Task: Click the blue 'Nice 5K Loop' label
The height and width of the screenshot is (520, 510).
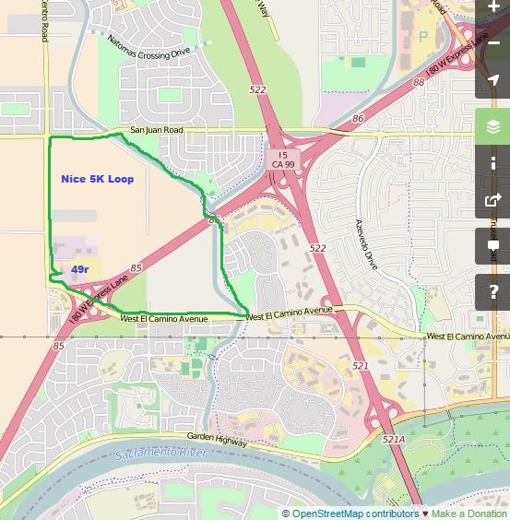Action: point(97,179)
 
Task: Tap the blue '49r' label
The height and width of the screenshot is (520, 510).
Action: point(80,269)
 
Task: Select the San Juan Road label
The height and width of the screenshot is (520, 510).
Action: point(157,131)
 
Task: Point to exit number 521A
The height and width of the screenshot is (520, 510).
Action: point(394,440)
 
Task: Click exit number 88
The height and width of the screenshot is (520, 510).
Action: point(419,82)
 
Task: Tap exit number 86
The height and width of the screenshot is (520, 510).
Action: point(358,119)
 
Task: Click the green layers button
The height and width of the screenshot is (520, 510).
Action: point(493,127)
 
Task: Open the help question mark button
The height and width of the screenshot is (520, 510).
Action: point(493,291)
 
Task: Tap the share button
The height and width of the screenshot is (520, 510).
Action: point(493,199)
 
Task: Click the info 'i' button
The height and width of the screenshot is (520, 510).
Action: point(493,163)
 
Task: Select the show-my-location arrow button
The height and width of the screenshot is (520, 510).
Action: point(493,80)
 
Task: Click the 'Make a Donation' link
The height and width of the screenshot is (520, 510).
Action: point(469,514)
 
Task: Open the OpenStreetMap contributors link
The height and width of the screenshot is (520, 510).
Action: point(355,514)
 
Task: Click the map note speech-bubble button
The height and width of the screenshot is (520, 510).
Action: point(493,245)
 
